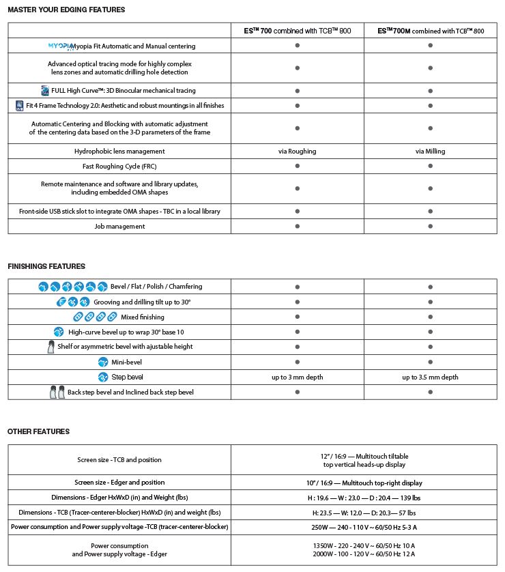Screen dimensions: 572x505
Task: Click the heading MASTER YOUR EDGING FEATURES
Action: [66, 10]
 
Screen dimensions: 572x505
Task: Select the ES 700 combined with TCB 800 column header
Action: [298, 31]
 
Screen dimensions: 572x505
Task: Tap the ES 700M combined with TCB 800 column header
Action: [431, 31]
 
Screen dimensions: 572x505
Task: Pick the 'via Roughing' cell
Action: [298, 151]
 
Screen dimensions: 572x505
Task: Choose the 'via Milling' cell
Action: [431, 151]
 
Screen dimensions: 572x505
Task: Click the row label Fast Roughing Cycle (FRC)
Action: [119, 166]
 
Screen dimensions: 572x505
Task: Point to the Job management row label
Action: [119, 226]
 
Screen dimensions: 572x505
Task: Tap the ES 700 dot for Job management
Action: [298, 226]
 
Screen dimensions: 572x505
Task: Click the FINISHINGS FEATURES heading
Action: [46, 266]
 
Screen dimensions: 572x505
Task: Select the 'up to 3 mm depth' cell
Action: [298, 377]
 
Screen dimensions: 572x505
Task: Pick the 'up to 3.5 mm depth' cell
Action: [431, 377]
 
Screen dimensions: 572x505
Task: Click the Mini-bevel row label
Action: [127, 362]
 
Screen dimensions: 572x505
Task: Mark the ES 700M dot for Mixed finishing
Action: [431, 317]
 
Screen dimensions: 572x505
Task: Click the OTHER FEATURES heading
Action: [38, 431]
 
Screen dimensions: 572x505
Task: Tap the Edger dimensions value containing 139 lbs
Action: [364, 498]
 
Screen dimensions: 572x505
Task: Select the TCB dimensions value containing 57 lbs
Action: [364, 512]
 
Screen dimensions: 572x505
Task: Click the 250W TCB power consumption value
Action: [364, 527]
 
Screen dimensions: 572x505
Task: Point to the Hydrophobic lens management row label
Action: [119, 151]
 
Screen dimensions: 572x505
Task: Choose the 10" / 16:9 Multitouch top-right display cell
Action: [364, 483]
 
